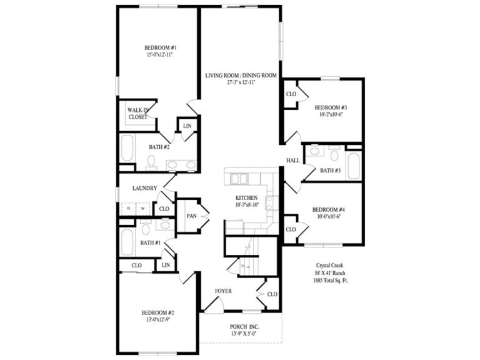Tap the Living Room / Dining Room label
click(241, 76)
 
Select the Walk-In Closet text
click(137, 113)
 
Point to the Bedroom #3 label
click(331, 107)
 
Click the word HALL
click(293, 161)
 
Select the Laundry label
click(145, 187)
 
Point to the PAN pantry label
click(191, 216)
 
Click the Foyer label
click(224, 291)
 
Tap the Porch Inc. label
click(239, 327)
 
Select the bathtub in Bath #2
click(127, 149)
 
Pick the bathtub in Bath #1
click(127, 242)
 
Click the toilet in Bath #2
click(151, 162)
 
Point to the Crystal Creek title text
click(329, 265)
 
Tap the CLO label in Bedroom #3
click(291, 94)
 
